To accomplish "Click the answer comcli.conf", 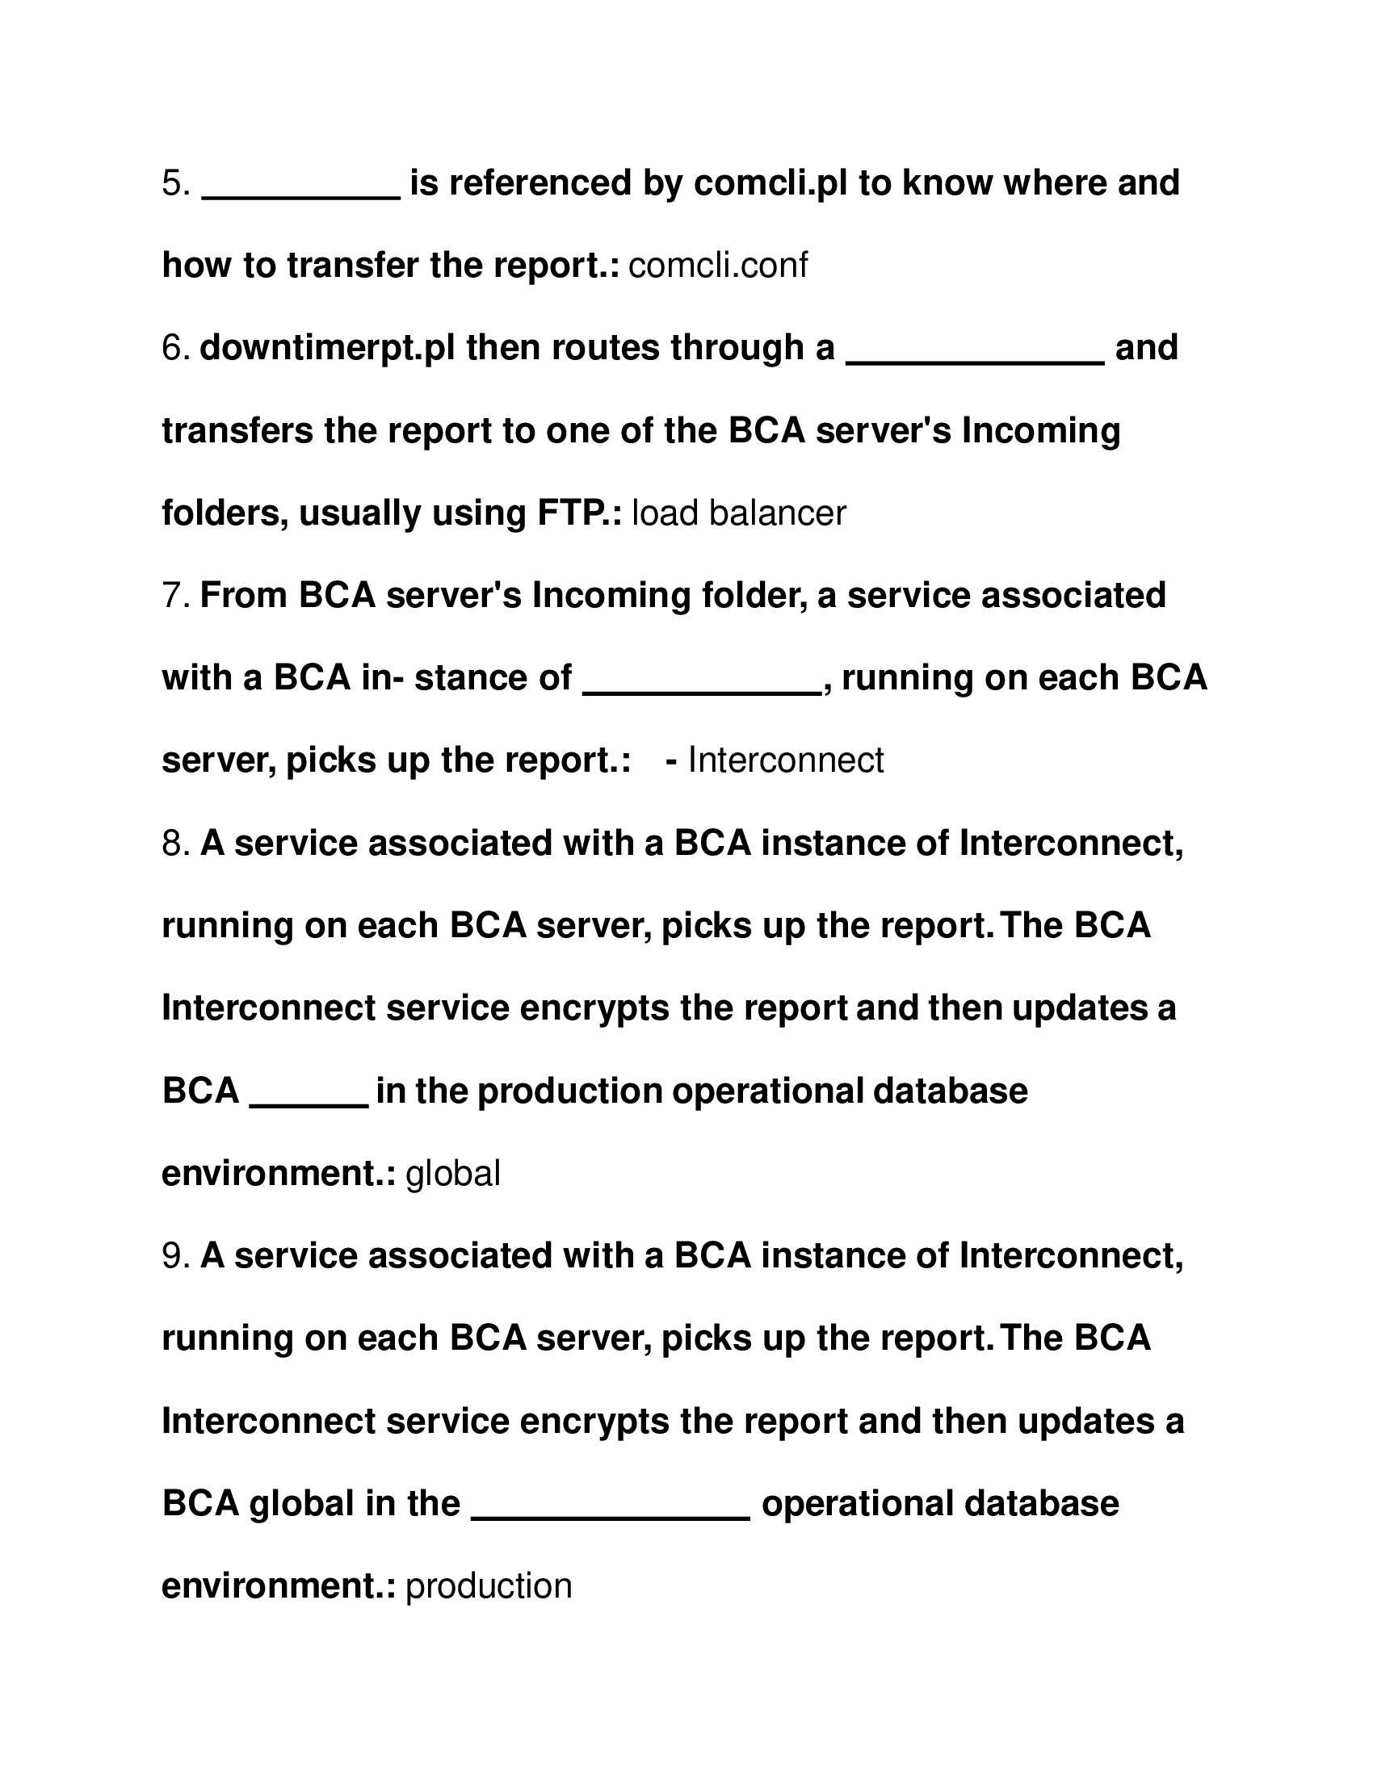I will click(x=718, y=266).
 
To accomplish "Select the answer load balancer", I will click(x=738, y=513).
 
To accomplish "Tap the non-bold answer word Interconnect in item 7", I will click(x=786, y=760).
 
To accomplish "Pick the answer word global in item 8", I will click(x=453, y=1174).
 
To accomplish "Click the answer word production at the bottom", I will click(x=489, y=1585).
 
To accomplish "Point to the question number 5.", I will click(x=176, y=184).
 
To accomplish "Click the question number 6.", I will click(x=176, y=349).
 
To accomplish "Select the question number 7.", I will click(x=176, y=596).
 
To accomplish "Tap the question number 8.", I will click(x=176, y=844).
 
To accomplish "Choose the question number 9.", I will click(x=176, y=1255).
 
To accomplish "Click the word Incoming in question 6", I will click(x=1040, y=431).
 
